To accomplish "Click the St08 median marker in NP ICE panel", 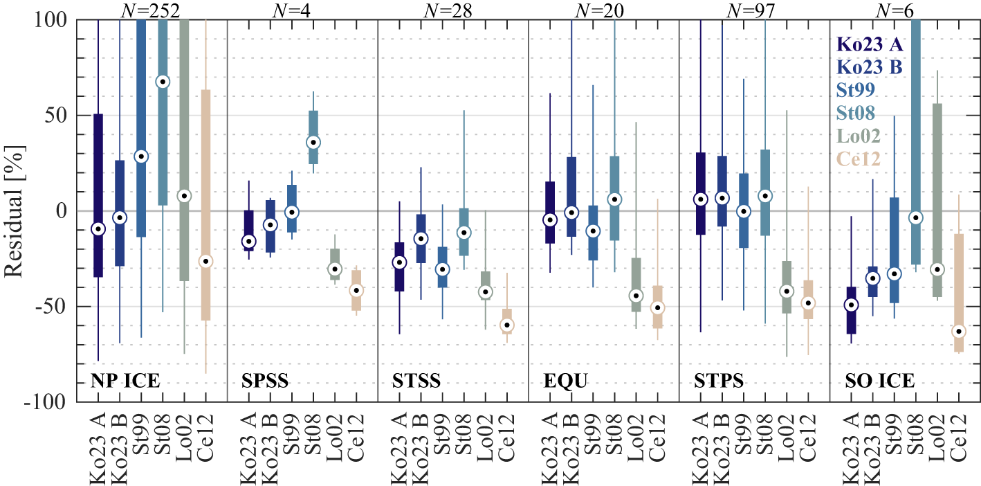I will click(x=163, y=82).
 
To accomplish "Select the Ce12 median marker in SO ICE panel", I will click(x=959, y=332).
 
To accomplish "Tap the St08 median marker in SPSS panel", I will click(x=313, y=142).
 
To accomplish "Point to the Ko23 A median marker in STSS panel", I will click(x=399, y=262).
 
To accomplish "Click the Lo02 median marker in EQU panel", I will click(x=636, y=296).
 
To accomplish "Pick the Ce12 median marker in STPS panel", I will click(x=807, y=303).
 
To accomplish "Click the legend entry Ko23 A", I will click(x=870, y=45).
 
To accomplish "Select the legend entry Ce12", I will click(x=859, y=159).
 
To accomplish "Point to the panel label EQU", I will click(x=560, y=381).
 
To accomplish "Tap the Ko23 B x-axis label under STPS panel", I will click(x=722, y=444).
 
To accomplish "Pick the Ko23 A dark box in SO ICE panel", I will click(x=852, y=310).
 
